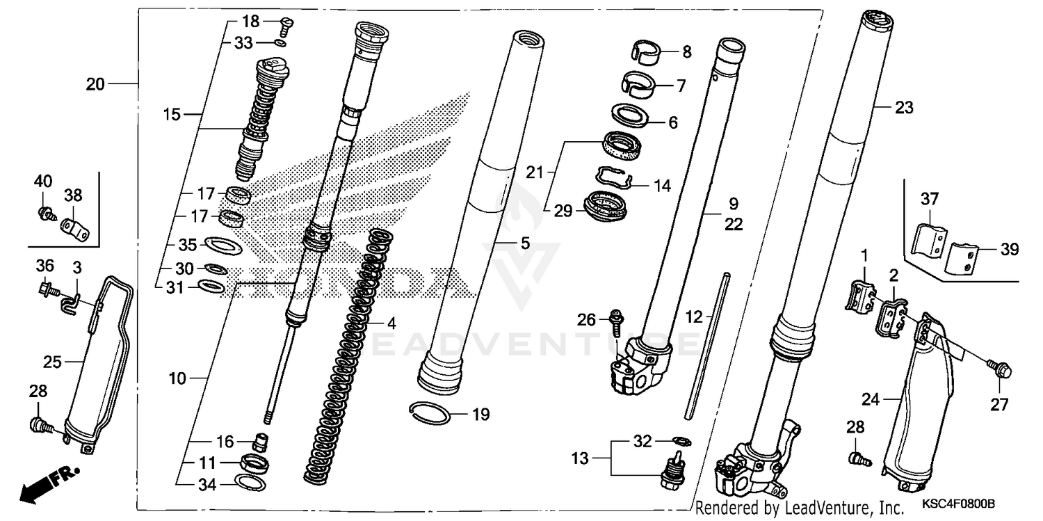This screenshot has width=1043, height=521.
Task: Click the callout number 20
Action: tap(95, 84)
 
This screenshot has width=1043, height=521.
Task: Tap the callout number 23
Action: tap(904, 108)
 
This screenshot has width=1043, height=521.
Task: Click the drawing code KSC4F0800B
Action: tap(960, 503)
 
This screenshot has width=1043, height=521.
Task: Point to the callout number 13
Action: tap(580, 459)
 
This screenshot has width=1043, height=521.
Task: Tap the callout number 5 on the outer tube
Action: tap(524, 244)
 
